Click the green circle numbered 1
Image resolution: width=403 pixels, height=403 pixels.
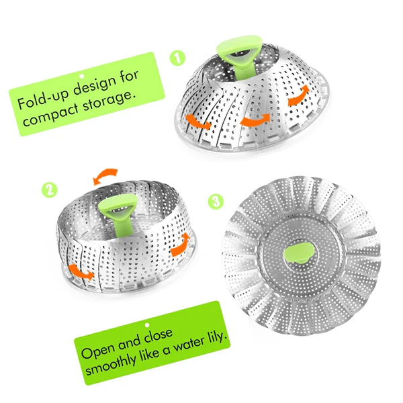coord(177,58)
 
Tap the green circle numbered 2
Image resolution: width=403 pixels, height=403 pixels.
coord(50,189)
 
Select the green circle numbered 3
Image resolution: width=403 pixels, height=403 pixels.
coord(216,201)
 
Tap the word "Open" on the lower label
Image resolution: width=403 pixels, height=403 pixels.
coord(97,350)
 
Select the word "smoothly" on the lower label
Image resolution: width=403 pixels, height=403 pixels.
coord(111,363)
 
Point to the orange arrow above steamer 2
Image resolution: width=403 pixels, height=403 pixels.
coord(105,176)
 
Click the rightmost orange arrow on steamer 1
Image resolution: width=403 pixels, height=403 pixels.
coord(299,95)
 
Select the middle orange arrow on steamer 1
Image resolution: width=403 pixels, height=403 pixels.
coord(255,120)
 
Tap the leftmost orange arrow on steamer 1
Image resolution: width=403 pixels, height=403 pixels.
coord(197,122)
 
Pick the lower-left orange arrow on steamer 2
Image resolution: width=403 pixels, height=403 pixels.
coord(81,273)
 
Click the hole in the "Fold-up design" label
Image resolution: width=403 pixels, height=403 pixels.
coord(82,77)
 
